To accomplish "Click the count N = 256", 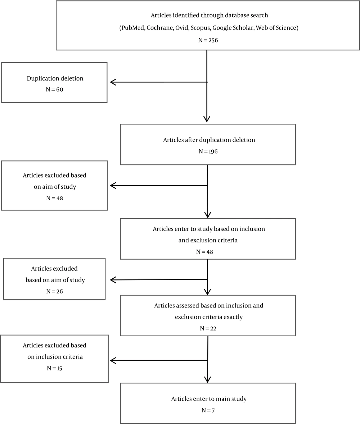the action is click(x=208, y=40).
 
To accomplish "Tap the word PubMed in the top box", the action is click(x=132, y=28).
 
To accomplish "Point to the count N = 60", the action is click(x=54, y=90).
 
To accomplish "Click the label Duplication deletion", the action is click(x=55, y=78).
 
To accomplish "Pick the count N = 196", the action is click(x=208, y=151).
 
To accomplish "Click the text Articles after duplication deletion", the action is click(x=209, y=140).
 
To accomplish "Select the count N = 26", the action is click(x=54, y=292).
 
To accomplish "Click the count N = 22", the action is click(x=208, y=329).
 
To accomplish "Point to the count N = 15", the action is click(x=54, y=368).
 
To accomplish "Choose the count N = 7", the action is click(x=208, y=410).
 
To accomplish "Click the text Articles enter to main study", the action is click(x=209, y=399).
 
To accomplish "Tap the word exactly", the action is click(x=233, y=317).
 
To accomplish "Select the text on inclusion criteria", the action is click(x=55, y=357).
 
